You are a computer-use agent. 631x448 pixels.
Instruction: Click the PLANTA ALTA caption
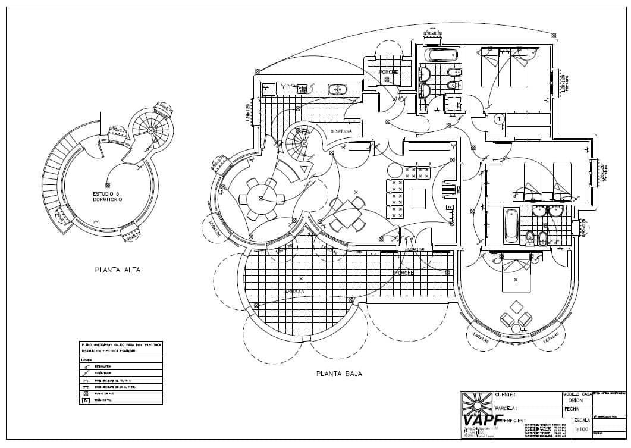click(117, 270)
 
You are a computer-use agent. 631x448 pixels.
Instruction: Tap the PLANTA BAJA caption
click(339, 374)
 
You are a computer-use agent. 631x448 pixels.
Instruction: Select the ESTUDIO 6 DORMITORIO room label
click(107, 197)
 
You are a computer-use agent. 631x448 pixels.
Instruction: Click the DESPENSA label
click(341, 131)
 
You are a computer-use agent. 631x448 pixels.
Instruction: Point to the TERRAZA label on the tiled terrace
click(294, 292)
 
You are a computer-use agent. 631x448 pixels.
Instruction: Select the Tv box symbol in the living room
click(450, 207)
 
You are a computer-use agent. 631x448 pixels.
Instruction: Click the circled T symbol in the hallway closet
click(498, 118)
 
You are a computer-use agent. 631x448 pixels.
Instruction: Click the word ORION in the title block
click(576, 400)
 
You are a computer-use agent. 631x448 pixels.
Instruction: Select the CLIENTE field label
click(506, 394)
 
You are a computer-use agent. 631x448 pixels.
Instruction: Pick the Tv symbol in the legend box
click(86, 401)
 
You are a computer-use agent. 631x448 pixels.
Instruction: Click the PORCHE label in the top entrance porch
click(388, 72)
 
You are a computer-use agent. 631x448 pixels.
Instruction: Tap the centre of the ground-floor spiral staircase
click(304, 143)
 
